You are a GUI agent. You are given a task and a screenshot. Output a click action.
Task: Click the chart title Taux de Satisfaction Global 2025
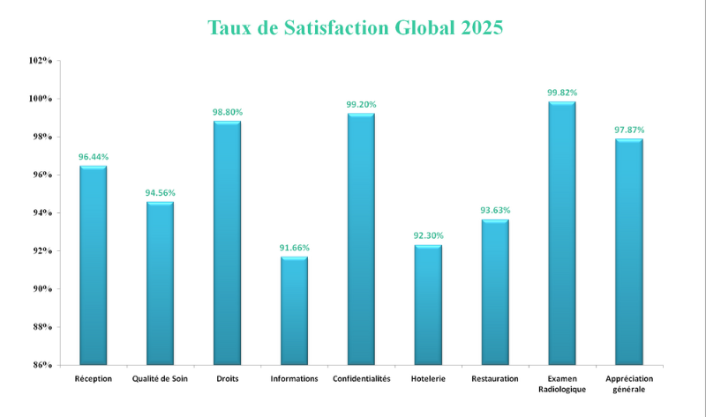(x=355, y=27)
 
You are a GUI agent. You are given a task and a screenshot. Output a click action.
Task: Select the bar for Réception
(x=93, y=264)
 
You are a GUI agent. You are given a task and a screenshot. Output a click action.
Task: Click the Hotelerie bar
(x=428, y=304)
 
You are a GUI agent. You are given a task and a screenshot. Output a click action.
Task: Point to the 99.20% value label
(x=361, y=105)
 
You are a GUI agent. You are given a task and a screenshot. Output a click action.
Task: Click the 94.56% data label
(x=160, y=193)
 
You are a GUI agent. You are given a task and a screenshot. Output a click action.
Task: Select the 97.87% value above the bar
(x=628, y=130)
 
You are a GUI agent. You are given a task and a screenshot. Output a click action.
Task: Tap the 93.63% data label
(x=495, y=211)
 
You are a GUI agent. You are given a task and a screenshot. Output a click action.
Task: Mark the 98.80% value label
(x=227, y=113)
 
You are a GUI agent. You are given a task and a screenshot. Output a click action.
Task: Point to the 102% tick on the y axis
(x=41, y=61)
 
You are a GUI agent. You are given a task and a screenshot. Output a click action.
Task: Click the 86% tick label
(x=42, y=365)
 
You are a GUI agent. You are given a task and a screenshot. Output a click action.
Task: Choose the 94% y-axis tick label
(x=42, y=212)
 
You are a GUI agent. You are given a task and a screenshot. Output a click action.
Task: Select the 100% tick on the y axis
(x=41, y=99)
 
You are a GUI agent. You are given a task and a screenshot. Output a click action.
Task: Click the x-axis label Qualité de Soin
(x=160, y=379)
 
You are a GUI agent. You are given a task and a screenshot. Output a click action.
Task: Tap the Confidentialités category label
(x=361, y=379)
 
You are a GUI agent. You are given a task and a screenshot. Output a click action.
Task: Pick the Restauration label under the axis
(x=495, y=379)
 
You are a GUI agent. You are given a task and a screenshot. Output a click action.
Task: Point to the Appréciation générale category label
(x=628, y=383)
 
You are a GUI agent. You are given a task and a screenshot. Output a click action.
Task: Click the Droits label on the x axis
(x=227, y=379)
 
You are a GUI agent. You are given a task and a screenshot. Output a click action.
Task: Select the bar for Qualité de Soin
(x=160, y=283)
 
